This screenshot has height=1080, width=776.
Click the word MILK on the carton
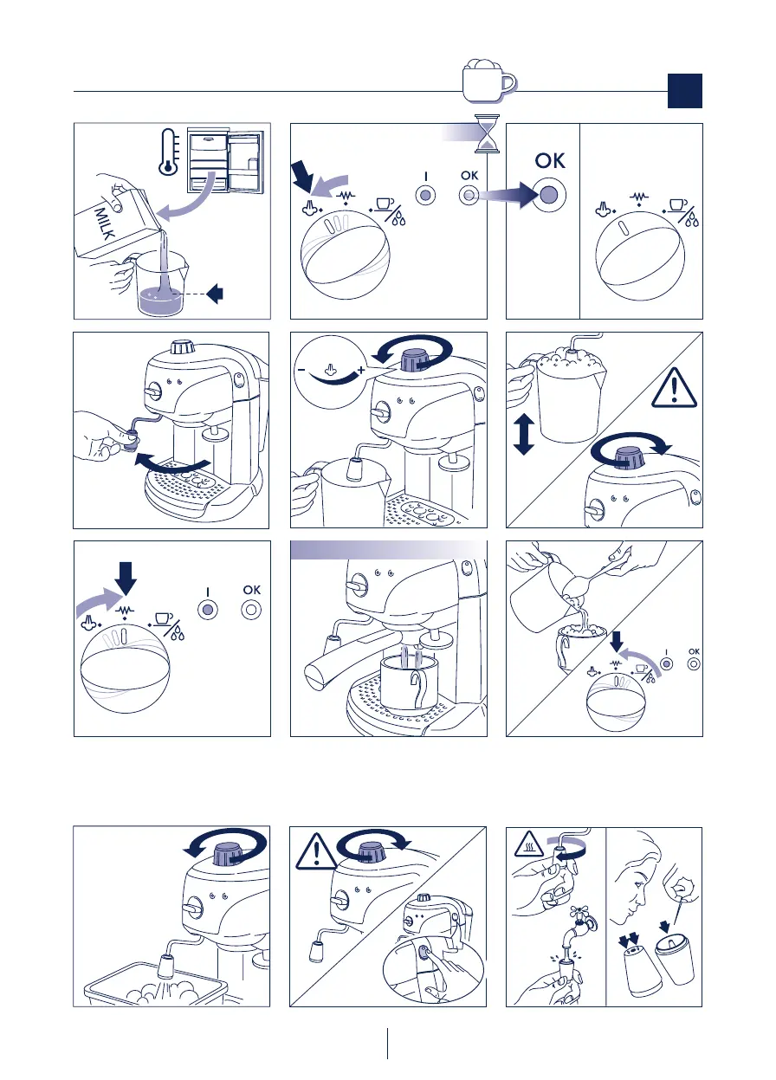tap(105, 223)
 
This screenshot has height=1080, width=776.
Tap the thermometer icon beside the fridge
tap(168, 152)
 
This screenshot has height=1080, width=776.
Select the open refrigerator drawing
tap(226, 161)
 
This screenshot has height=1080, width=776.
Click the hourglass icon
tap(487, 133)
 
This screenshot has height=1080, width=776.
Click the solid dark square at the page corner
tap(685, 91)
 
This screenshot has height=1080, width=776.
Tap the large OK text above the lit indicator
tap(550, 160)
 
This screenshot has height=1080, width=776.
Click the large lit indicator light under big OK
tap(549, 195)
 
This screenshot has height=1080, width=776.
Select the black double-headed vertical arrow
tap(524, 436)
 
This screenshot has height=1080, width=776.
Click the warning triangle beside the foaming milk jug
tap(674, 388)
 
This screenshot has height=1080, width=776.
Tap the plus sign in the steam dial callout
tap(360, 371)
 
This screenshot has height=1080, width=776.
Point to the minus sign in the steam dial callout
tap(301, 370)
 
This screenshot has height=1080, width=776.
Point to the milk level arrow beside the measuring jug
tap(215, 293)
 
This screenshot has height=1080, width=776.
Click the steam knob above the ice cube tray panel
tap(230, 854)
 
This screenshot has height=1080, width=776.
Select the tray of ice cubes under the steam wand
tap(155, 984)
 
